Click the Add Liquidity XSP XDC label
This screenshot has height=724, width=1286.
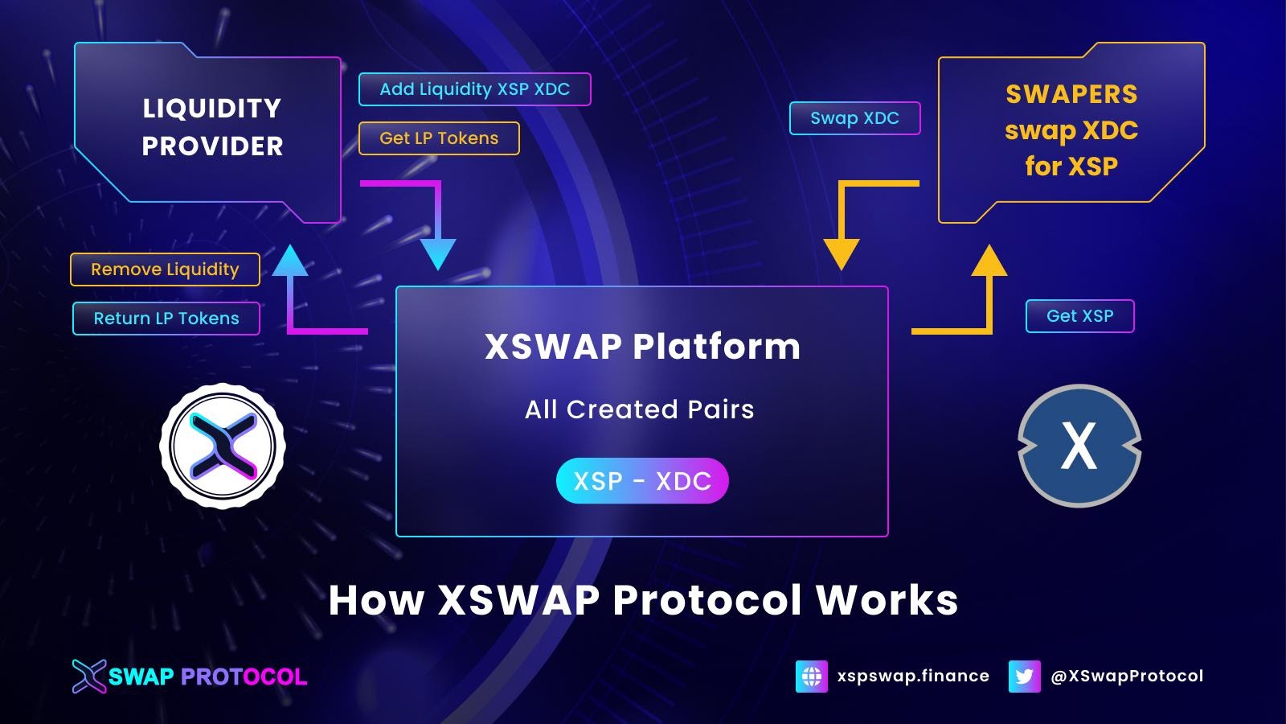pyautogui.click(x=474, y=89)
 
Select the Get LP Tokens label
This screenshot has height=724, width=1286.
pyautogui.click(x=439, y=138)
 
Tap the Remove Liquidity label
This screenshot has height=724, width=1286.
pyautogui.click(x=165, y=269)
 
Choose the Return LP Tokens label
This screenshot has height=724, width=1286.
pyautogui.click(x=166, y=319)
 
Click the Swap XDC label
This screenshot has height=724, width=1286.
pyautogui.click(x=854, y=118)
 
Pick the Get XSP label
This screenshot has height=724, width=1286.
pyautogui.click(x=1079, y=316)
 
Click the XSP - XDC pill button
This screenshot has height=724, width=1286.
pyautogui.click(x=642, y=481)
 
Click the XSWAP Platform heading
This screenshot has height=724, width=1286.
pyautogui.click(x=642, y=347)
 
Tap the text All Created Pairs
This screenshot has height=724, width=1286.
pyautogui.click(x=639, y=409)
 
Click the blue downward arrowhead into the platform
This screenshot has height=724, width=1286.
pyautogui.click(x=438, y=253)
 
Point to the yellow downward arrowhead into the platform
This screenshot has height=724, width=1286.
pyautogui.click(x=842, y=253)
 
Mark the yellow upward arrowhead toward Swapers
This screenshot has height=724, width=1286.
pyautogui.click(x=989, y=262)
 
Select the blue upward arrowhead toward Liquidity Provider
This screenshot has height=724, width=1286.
pyautogui.click(x=290, y=261)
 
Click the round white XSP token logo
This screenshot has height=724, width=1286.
pyautogui.click(x=223, y=445)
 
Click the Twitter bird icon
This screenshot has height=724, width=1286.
pyautogui.click(x=1024, y=677)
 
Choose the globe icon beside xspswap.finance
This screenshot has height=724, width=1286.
pyautogui.click(x=812, y=677)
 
